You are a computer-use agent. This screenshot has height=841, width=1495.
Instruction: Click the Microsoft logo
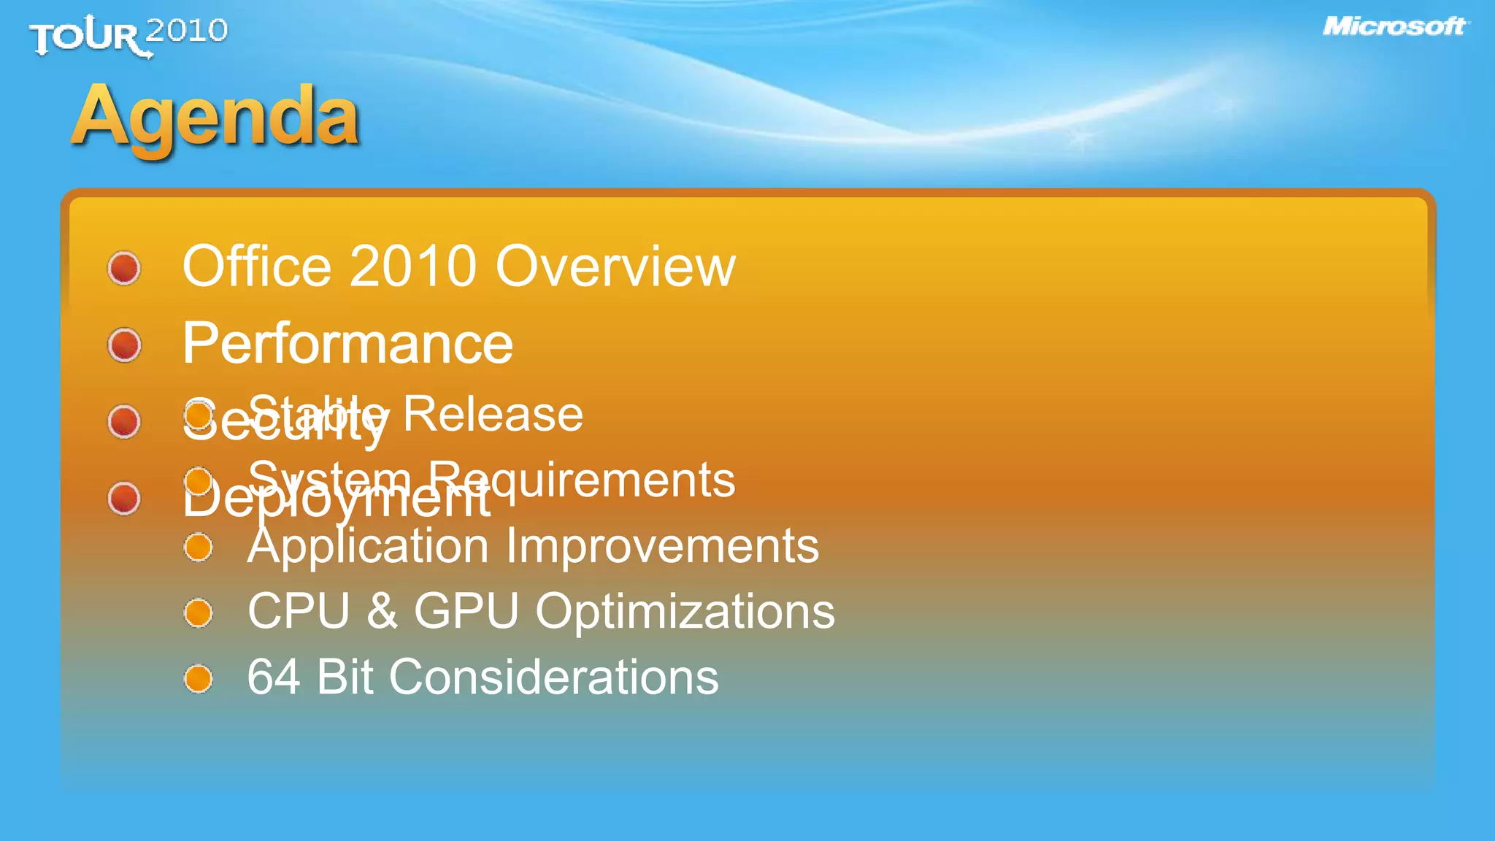click(x=1394, y=27)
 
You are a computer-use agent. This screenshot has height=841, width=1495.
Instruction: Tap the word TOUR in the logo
click(x=85, y=37)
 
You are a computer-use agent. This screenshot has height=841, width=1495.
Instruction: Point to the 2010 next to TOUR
click(x=187, y=31)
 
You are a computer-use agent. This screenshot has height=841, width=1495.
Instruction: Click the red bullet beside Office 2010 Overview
click(x=124, y=268)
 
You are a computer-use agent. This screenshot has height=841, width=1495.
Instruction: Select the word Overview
click(x=615, y=266)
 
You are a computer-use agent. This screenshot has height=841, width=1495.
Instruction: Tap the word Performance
click(x=347, y=344)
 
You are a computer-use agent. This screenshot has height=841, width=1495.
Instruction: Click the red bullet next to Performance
click(x=124, y=345)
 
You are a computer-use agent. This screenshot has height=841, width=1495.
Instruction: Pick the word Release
click(x=493, y=414)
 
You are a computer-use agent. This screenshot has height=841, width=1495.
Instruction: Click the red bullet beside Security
click(x=124, y=421)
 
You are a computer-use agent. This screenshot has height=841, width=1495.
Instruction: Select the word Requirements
click(x=581, y=480)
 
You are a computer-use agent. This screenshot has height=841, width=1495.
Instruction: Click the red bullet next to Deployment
click(x=124, y=499)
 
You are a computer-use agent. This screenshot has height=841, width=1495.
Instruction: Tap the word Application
click(x=368, y=547)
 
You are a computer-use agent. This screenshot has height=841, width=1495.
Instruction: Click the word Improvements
click(x=662, y=547)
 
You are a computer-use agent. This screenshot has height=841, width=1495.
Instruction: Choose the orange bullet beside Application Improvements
click(x=198, y=548)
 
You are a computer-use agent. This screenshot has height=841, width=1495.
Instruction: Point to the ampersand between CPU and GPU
click(x=382, y=611)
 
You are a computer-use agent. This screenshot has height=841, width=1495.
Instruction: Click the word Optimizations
click(x=685, y=612)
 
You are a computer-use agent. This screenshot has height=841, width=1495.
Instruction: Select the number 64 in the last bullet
click(x=273, y=677)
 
